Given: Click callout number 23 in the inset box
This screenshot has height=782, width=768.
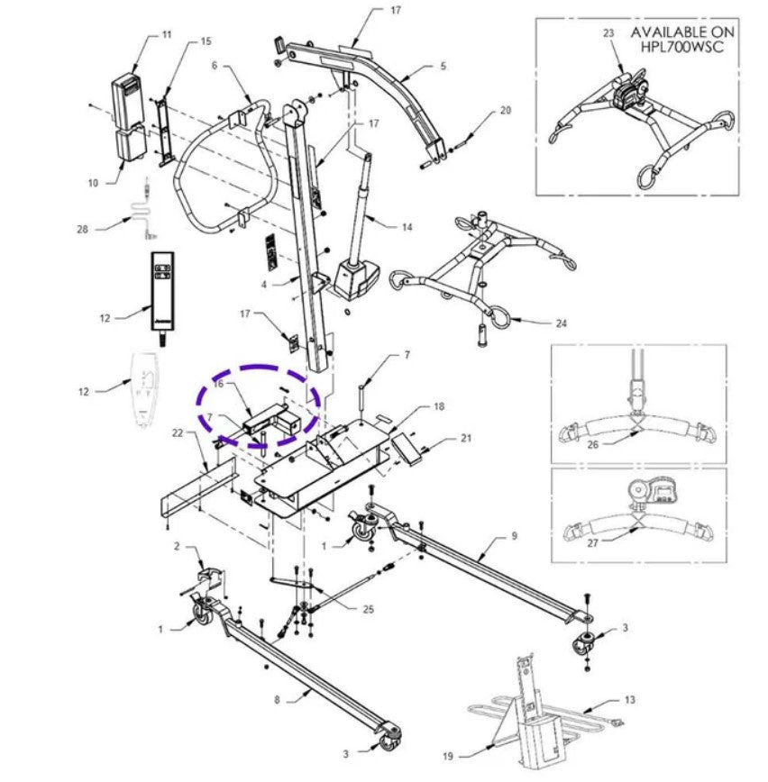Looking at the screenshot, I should (x=608, y=34).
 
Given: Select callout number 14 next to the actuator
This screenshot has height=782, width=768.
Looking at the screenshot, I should (x=407, y=227).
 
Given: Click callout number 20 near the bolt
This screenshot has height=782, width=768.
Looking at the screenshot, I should (x=505, y=110).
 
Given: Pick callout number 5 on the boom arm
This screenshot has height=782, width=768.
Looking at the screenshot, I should (x=443, y=66).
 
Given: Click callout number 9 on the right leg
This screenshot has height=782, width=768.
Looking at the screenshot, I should (x=513, y=536).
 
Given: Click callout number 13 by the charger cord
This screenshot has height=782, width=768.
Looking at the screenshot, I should (x=629, y=698).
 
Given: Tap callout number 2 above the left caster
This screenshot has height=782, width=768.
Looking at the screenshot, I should (x=178, y=547).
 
